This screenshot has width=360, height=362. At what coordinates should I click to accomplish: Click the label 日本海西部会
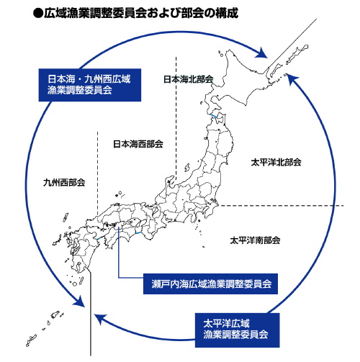[138, 144]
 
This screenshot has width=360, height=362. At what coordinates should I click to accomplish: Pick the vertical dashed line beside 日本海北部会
[175, 108]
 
